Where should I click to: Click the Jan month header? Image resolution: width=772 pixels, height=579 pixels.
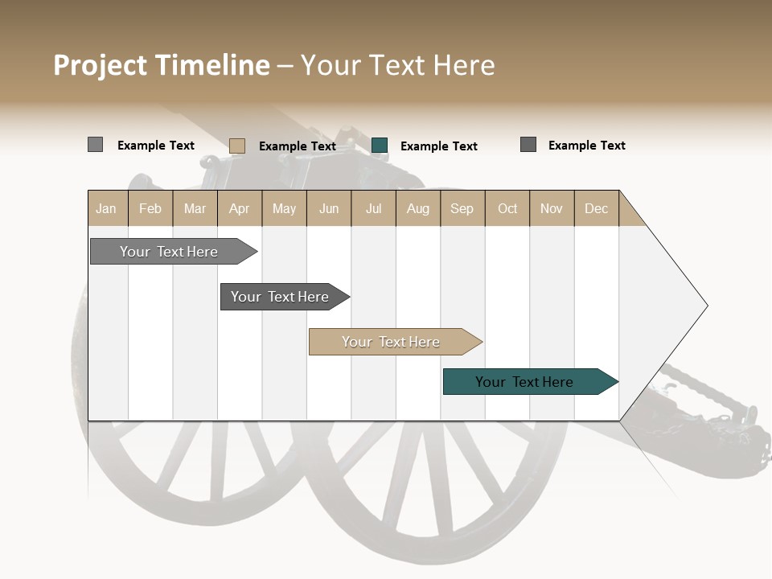(106, 208)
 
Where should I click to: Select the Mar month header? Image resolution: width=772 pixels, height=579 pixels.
(195, 208)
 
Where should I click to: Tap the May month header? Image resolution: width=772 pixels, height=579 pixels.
(284, 208)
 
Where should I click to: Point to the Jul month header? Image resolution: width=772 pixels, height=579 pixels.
(373, 208)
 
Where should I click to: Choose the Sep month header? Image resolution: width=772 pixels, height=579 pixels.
(462, 208)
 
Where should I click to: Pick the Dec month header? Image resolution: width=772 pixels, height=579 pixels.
(596, 208)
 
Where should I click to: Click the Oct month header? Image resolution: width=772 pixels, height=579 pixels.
(507, 208)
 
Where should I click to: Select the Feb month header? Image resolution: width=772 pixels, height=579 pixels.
(150, 208)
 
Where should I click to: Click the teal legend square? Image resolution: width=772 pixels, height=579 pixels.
(380, 145)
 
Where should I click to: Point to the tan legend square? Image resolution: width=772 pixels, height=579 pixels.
(236, 146)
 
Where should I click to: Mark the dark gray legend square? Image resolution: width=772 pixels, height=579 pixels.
(528, 145)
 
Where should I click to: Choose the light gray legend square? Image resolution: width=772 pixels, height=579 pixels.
(95, 145)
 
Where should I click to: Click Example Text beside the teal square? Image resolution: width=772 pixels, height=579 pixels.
(438, 146)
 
